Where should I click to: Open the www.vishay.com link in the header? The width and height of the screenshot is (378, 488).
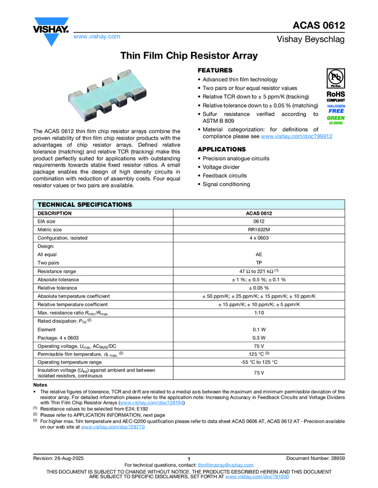(97, 36)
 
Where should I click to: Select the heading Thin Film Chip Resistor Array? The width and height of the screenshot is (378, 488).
(189, 56)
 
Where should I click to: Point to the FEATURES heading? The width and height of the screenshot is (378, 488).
(215, 70)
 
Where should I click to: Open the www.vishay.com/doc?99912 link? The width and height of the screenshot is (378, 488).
(296, 137)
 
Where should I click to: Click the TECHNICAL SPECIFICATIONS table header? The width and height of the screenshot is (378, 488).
(85, 204)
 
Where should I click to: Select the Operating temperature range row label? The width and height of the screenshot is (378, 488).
(70, 363)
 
